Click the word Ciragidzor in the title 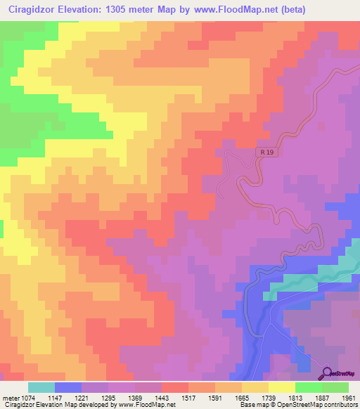tap(32, 9)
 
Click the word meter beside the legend tap(12, 398)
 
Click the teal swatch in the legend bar tap(41, 387)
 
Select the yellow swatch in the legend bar tap(281, 387)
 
